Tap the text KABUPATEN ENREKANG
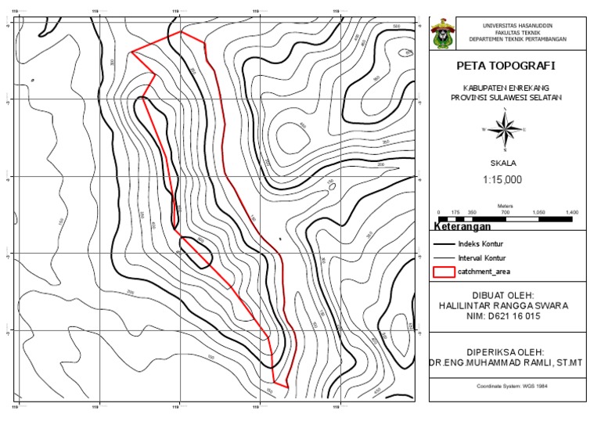506,88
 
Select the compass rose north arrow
506,130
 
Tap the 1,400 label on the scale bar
571,212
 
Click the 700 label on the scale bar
505,212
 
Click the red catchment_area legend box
444,272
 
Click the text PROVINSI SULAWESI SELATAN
506,98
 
